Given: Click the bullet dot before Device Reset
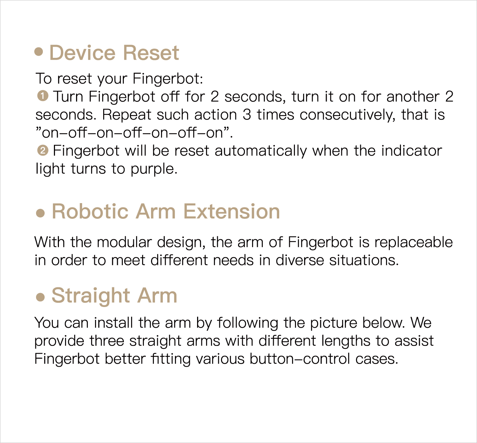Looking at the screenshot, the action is point(39,51).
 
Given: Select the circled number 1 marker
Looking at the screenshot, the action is point(43,96).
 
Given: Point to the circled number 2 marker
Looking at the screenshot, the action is point(43,150).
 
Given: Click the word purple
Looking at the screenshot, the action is point(154,169).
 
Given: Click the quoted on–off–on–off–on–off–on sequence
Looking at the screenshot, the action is point(134,132).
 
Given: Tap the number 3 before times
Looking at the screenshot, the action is point(247,115).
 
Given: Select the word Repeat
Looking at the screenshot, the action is point(127,115).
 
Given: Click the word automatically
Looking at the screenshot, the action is point(261,151).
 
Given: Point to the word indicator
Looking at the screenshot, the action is point(411,151).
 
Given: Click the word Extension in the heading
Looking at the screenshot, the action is point(232,211).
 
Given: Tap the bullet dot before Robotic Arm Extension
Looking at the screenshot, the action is point(40,213).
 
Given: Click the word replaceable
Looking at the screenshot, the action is point(413,242).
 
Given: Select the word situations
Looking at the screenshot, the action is point(364,260).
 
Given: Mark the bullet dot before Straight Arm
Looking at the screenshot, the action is point(40,297).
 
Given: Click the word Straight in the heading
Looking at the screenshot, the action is point(91,296).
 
